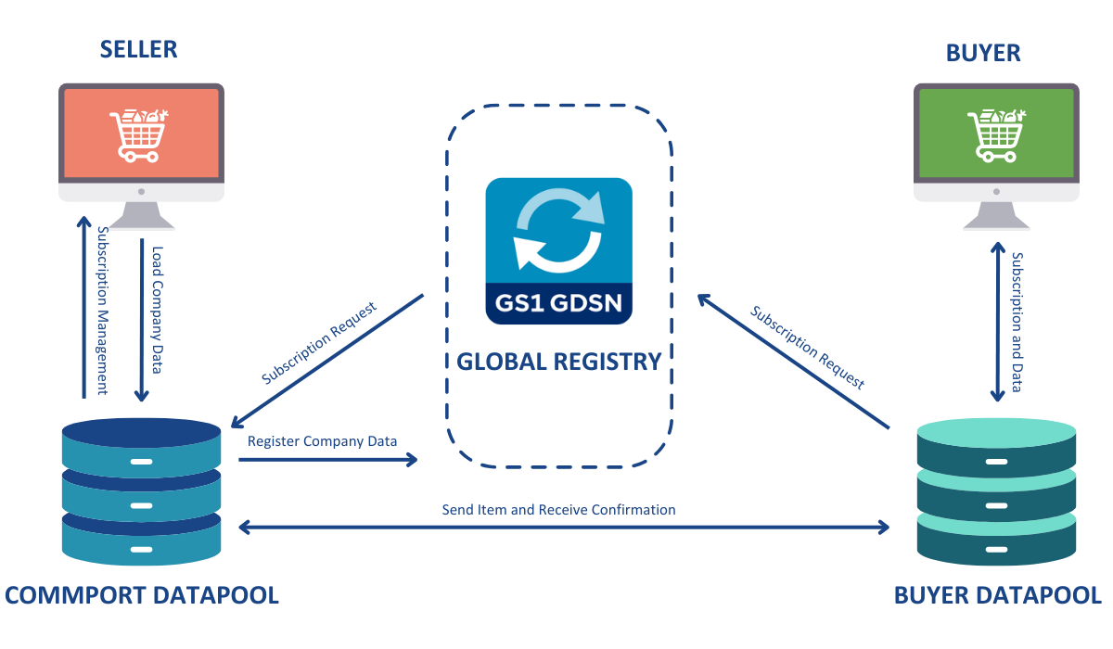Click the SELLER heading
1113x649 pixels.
[138, 49]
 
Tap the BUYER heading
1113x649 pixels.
[983, 53]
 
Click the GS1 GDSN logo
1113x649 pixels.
[559, 250]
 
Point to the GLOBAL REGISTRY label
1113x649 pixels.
[559, 362]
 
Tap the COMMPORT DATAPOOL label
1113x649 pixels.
[142, 594]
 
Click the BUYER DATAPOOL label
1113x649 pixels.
[997, 594]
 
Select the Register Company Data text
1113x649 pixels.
[322, 440]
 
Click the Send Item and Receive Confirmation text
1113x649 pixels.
[558, 510]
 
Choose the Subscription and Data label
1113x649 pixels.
[1017, 322]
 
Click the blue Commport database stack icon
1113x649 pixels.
[141, 491]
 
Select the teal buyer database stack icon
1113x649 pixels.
[996, 491]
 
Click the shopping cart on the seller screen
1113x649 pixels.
[138, 135]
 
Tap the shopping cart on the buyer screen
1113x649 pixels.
[994, 135]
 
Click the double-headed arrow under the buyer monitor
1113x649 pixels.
[997, 322]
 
